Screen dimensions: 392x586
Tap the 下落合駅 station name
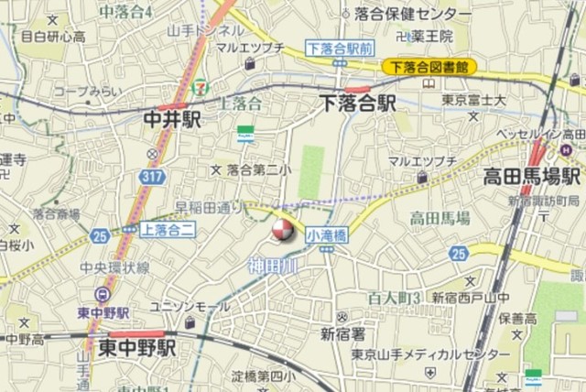click(357, 103)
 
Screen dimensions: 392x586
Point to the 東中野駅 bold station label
click(136, 348)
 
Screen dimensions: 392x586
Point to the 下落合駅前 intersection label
click(339, 47)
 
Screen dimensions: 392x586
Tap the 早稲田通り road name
click(208, 206)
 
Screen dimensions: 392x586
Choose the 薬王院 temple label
click(429, 38)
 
